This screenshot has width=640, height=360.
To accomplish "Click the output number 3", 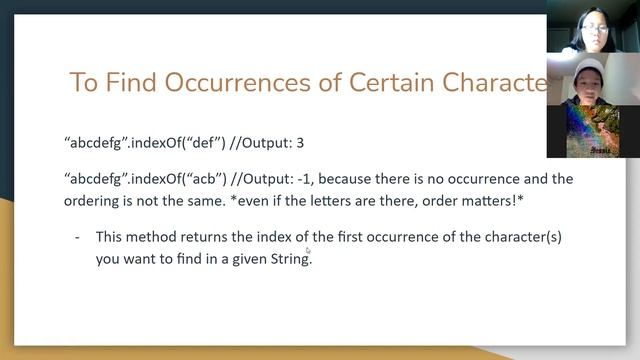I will point(299,143).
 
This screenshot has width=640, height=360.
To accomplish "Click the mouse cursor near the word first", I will point(308,251).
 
